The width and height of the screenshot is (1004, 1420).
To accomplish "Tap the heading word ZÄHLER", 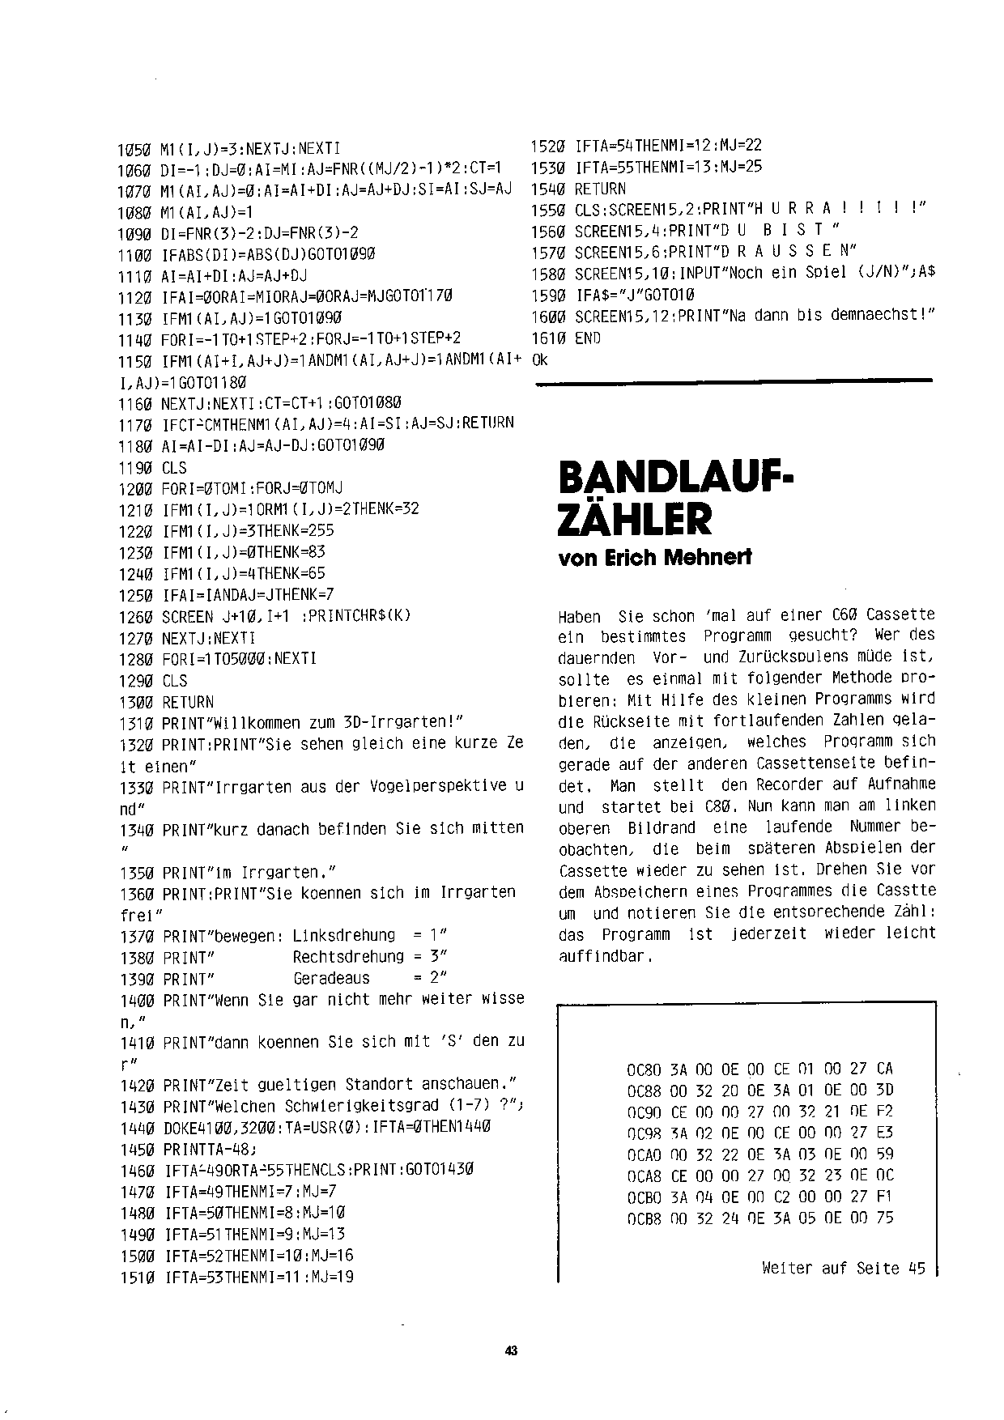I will point(636,521).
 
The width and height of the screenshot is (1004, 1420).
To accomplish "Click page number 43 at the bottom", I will point(510,1350).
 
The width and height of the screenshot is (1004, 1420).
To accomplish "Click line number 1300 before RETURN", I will point(135,703).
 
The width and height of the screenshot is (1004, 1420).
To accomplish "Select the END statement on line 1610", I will point(588,338).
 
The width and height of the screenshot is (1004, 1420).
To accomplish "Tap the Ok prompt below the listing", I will point(541,360).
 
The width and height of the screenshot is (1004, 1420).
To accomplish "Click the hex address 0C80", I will point(644,1069).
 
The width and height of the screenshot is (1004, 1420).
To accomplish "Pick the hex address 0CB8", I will point(644,1218).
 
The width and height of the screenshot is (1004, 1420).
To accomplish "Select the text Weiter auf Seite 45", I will point(843,1269).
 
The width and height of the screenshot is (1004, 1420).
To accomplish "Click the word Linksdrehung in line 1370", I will point(343,936).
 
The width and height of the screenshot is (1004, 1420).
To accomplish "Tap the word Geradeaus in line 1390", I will point(331,978).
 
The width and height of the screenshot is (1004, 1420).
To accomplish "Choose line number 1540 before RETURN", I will point(547,189).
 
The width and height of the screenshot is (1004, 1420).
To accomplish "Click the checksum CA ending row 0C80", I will point(884,1069).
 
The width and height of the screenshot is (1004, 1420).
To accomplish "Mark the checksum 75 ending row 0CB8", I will point(884,1218).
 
